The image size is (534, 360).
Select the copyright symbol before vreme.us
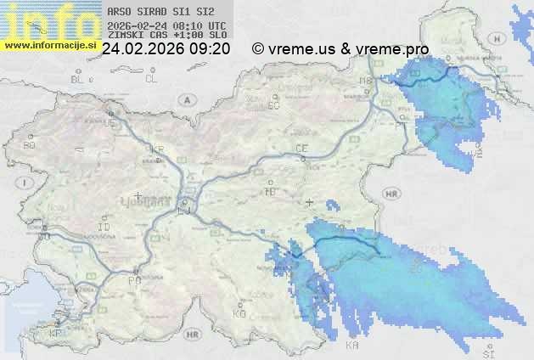[258, 49]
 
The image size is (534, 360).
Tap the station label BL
[78, 79]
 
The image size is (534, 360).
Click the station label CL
[152, 79]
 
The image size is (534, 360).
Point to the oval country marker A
[185, 98]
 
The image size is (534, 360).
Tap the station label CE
[301, 149]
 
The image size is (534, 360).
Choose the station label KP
[56, 334]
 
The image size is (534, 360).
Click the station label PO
[133, 280]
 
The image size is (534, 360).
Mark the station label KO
[239, 313]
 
